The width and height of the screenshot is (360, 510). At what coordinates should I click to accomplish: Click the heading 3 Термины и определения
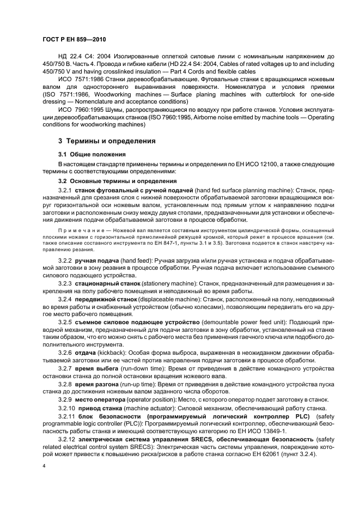click(100, 141)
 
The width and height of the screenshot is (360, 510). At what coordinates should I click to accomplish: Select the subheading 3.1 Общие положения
click(92, 155)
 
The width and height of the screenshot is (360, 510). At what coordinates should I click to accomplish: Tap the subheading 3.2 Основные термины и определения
click(109, 180)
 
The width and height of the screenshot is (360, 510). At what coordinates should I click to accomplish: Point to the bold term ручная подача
click(97, 261)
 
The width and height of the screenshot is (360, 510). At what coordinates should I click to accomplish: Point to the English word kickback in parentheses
click(111, 352)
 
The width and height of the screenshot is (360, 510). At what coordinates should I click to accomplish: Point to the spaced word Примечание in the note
click(77, 230)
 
